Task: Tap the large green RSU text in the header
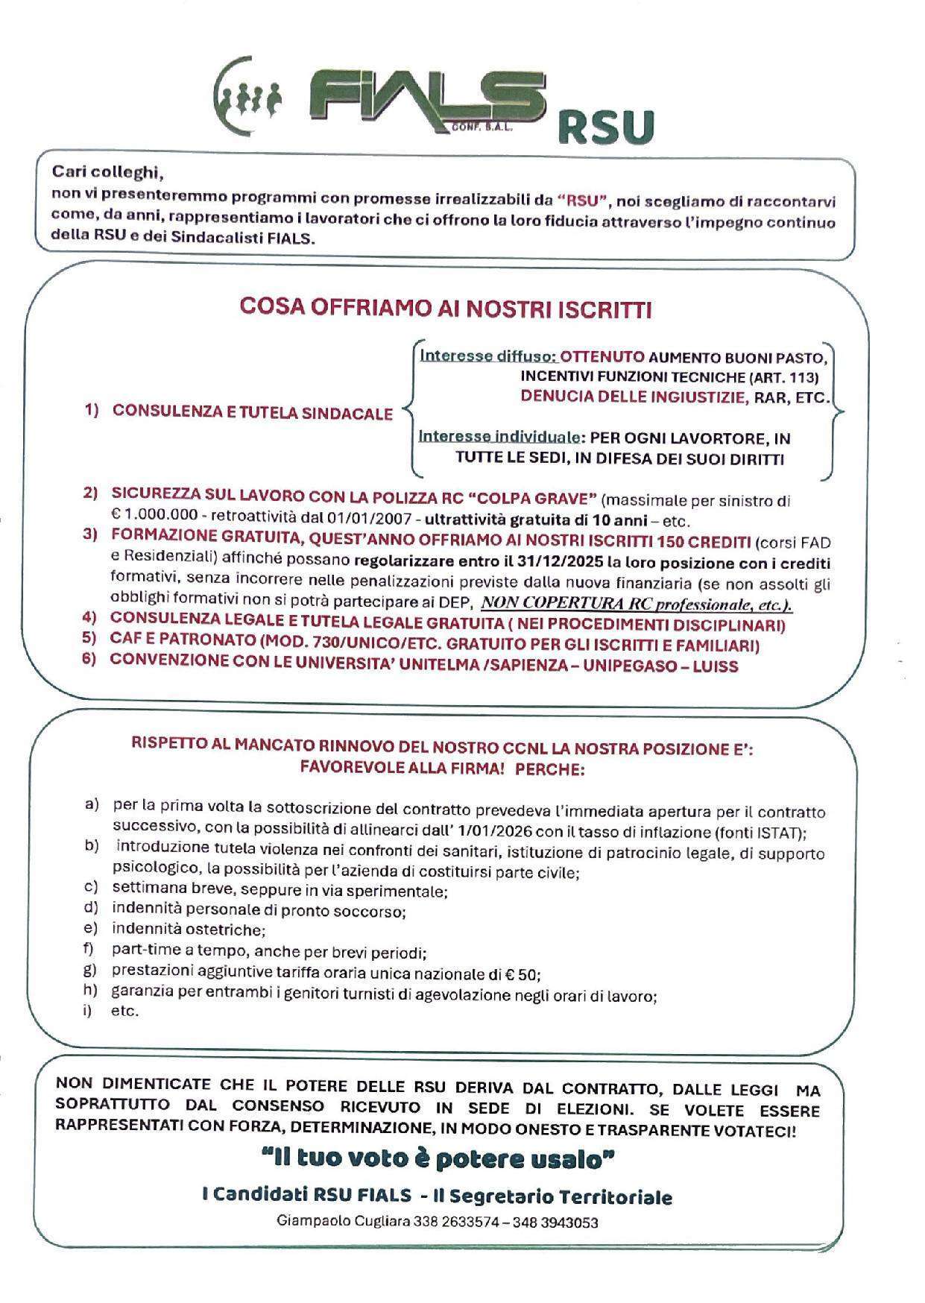(x=604, y=127)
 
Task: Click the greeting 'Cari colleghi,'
(x=107, y=173)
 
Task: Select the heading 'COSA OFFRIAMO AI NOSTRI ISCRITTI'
(x=446, y=309)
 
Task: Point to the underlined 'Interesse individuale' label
(x=499, y=437)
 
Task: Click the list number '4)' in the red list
(x=89, y=619)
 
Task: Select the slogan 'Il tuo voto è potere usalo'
(x=438, y=1160)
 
